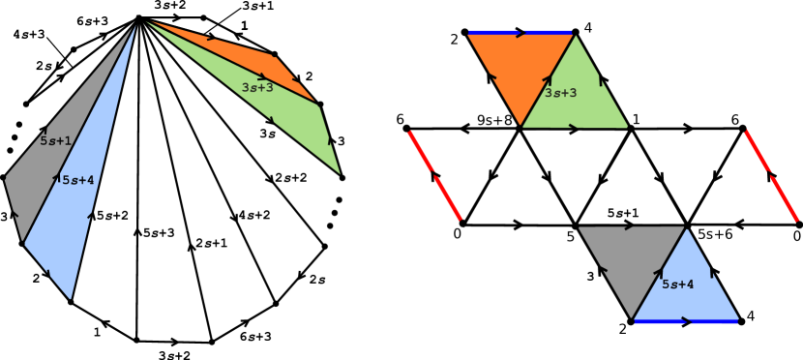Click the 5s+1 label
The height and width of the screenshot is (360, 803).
[55, 140]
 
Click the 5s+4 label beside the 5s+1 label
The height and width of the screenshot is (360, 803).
[77, 179]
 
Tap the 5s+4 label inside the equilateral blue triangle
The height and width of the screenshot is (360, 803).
[677, 284]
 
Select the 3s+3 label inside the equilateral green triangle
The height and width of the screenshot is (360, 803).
[561, 93]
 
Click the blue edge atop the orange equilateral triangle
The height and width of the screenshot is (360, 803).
[521, 33]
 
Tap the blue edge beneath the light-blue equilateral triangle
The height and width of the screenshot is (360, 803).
[686, 320]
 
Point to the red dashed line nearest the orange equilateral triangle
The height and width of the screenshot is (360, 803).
[435, 176]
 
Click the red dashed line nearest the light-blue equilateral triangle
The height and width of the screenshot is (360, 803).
[771, 176]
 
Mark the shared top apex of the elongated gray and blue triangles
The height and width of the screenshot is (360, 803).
[136, 22]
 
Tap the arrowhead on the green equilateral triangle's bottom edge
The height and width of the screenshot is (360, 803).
[574, 127]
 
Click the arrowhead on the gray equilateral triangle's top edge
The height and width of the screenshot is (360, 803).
[630, 227]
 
